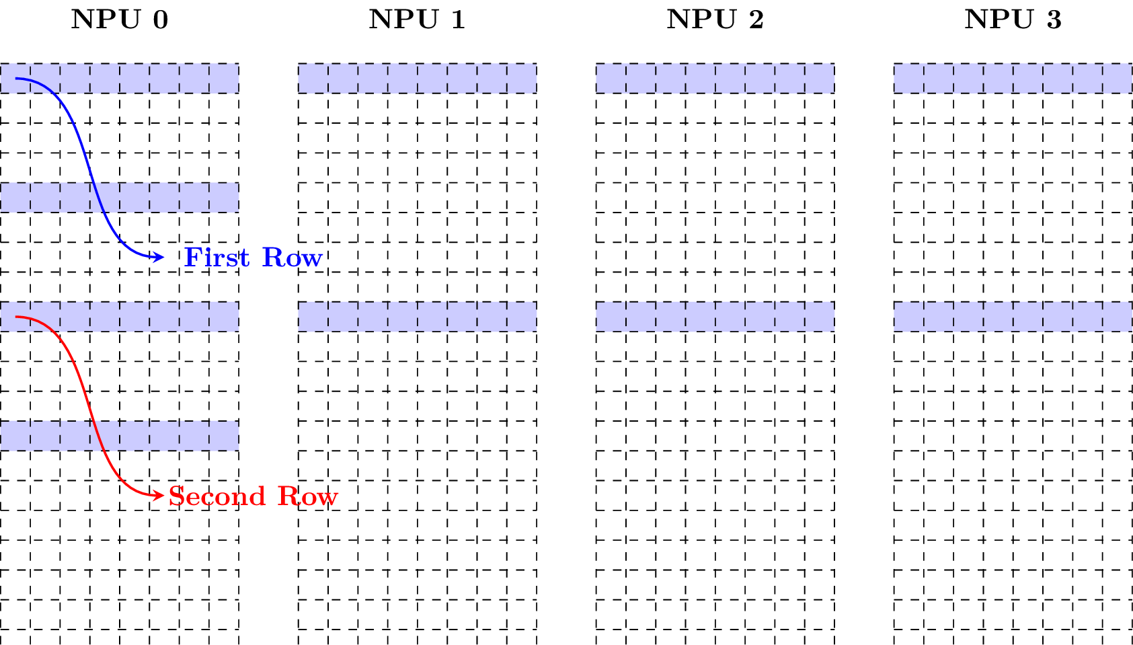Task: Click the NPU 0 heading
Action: click(x=119, y=20)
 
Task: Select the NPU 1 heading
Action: click(x=417, y=20)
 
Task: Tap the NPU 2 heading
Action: click(x=715, y=20)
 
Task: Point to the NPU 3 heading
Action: click(x=1013, y=20)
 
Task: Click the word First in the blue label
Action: click(x=217, y=258)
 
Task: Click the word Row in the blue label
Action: click(x=292, y=258)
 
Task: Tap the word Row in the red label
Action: click(x=308, y=496)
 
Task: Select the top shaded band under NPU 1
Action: click(x=417, y=78)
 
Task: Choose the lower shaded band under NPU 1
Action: click(x=417, y=316)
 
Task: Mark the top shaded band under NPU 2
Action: click(x=715, y=78)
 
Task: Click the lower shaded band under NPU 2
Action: click(x=715, y=316)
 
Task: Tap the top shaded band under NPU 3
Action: click(x=1013, y=78)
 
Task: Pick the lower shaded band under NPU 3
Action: click(x=1013, y=316)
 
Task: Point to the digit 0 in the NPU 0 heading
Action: click(x=160, y=20)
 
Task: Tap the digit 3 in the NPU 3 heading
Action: click(x=1054, y=20)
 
